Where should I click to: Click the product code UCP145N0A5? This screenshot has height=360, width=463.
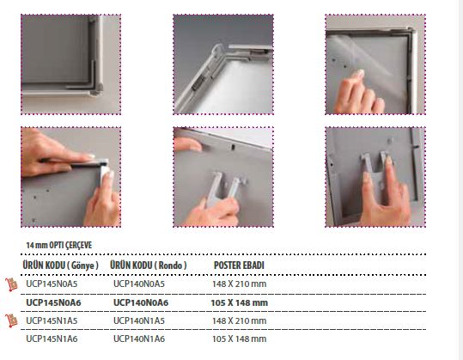click(52, 284)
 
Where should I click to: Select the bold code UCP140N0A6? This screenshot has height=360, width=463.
click(141, 302)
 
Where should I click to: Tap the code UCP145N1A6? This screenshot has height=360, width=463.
click(52, 339)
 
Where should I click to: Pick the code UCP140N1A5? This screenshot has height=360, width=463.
click(139, 320)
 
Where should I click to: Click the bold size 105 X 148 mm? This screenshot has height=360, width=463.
click(239, 302)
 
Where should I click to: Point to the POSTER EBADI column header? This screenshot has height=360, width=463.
click(239, 265)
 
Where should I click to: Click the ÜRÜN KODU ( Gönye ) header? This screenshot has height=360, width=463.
click(60, 265)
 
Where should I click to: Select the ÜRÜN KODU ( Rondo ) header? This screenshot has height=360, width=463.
click(149, 265)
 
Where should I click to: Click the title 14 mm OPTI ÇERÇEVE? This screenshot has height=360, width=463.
click(59, 245)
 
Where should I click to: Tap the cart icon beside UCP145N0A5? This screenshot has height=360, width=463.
click(11, 284)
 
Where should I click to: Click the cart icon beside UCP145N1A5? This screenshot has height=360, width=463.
click(11, 320)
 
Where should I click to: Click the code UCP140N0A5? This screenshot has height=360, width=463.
click(139, 284)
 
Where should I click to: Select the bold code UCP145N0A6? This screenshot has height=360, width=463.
click(53, 302)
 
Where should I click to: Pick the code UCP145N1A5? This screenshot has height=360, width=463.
click(52, 320)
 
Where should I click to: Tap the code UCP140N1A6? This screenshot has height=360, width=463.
click(139, 339)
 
